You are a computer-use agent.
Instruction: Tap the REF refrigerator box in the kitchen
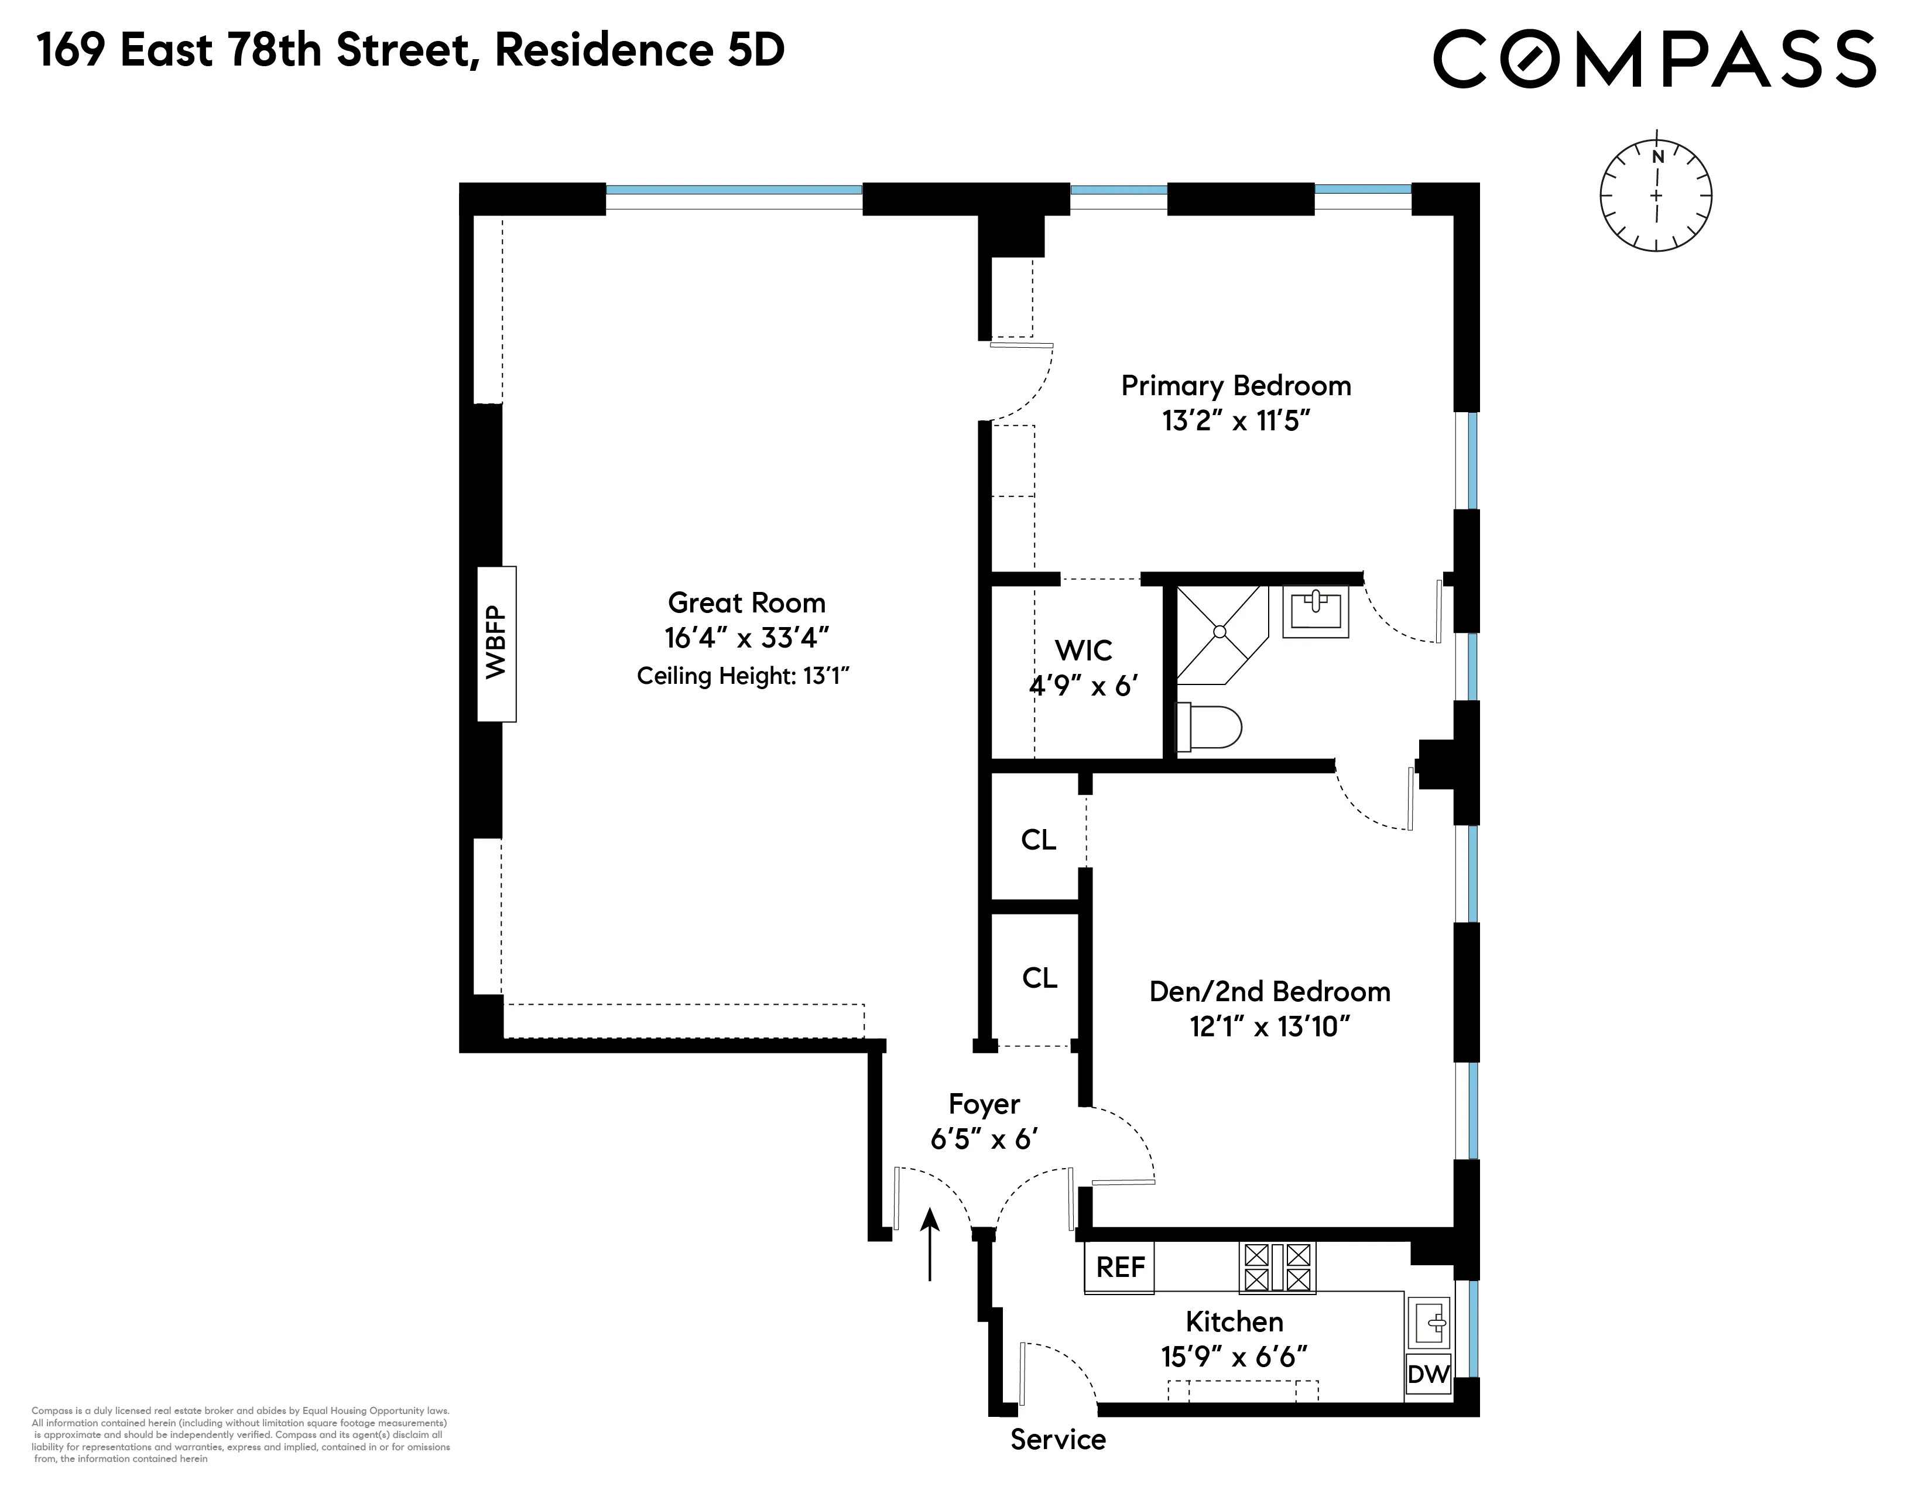click(x=1120, y=1268)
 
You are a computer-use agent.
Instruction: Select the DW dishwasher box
click(x=1428, y=1374)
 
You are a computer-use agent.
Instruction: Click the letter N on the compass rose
click(x=1658, y=156)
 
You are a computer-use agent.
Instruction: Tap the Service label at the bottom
click(x=1057, y=1440)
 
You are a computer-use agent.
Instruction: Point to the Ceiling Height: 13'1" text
click(x=742, y=677)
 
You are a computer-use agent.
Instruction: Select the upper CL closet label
click(x=1039, y=840)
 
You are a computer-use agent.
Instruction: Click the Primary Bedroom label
click(x=1236, y=386)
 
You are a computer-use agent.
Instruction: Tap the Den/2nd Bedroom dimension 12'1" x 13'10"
click(x=1269, y=1027)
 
